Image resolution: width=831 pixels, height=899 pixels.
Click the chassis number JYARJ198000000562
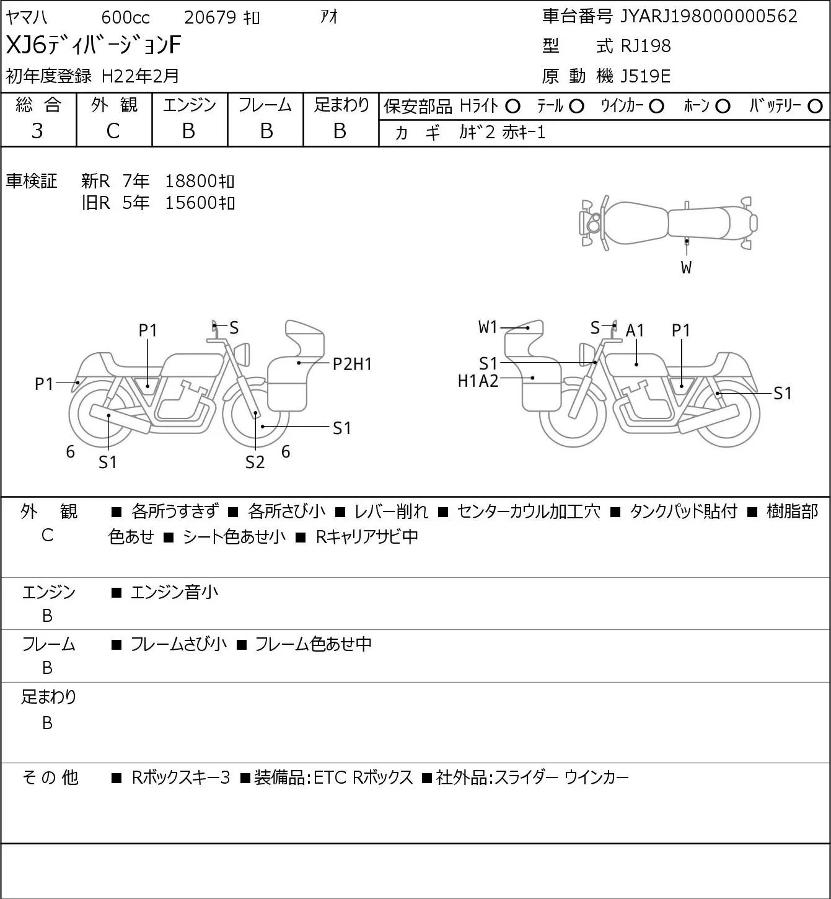tap(708, 17)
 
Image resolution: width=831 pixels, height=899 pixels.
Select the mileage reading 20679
tap(210, 17)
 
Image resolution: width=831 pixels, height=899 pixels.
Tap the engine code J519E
tap(645, 76)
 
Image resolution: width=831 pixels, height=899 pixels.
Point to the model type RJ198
tap(646, 46)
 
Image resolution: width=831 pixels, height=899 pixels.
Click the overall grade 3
tap(37, 131)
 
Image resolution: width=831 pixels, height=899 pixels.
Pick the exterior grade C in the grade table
tap(113, 131)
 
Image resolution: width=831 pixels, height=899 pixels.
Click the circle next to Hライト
tap(512, 107)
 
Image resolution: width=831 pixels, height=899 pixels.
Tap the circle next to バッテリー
tap(815, 107)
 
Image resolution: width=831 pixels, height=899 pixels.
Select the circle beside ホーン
tap(723, 107)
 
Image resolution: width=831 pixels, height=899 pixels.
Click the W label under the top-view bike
tap(686, 267)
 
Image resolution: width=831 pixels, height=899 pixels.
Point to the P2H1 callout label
tap(352, 364)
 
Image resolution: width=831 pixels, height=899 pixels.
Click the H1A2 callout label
tap(478, 381)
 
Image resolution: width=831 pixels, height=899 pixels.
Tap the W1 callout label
tap(488, 327)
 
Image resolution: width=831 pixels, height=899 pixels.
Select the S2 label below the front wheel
tap(255, 462)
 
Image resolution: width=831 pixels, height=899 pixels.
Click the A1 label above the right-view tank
tap(635, 331)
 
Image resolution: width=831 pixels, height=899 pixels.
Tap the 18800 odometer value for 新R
tap(190, 181)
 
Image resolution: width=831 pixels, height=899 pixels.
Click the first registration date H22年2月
tap(140, 76)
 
